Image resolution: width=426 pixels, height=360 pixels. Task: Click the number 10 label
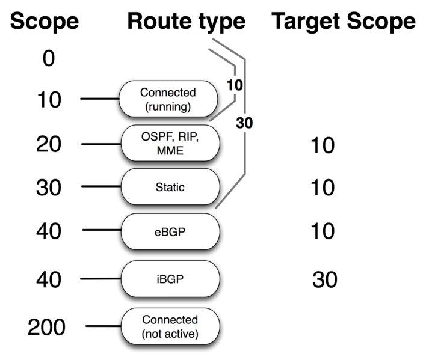click(235, 85)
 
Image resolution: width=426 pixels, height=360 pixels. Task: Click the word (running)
click(168, 108)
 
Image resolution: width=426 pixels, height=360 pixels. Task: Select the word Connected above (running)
click(168, 93)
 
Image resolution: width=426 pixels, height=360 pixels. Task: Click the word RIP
click(188, 138)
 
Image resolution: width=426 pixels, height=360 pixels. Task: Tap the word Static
click(170, 187)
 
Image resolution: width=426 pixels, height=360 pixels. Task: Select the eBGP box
click(170, 232)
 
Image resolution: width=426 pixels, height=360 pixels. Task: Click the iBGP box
click(170, 279)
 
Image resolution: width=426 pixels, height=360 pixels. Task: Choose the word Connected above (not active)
click(170, 320)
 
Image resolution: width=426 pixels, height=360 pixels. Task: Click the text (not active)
click(170, 334)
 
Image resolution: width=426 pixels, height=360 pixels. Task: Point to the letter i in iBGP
click(159, 279)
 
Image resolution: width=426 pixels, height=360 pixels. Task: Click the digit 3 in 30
click(241, 124)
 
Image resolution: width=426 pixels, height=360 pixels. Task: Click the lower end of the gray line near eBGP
click(216, 209)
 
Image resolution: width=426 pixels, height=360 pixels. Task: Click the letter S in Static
click(158, 187)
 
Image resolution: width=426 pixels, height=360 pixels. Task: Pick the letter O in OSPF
click(146, 138)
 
